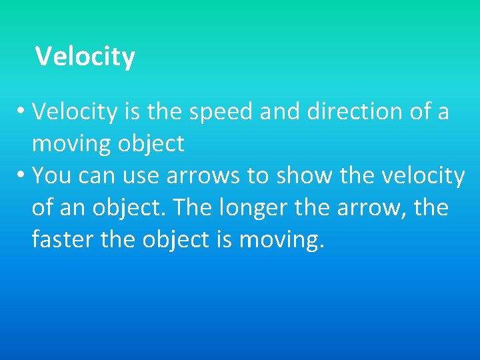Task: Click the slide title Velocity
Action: (85, 57)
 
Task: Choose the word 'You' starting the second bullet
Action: (49, 175)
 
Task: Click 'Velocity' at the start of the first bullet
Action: (75, 111)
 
